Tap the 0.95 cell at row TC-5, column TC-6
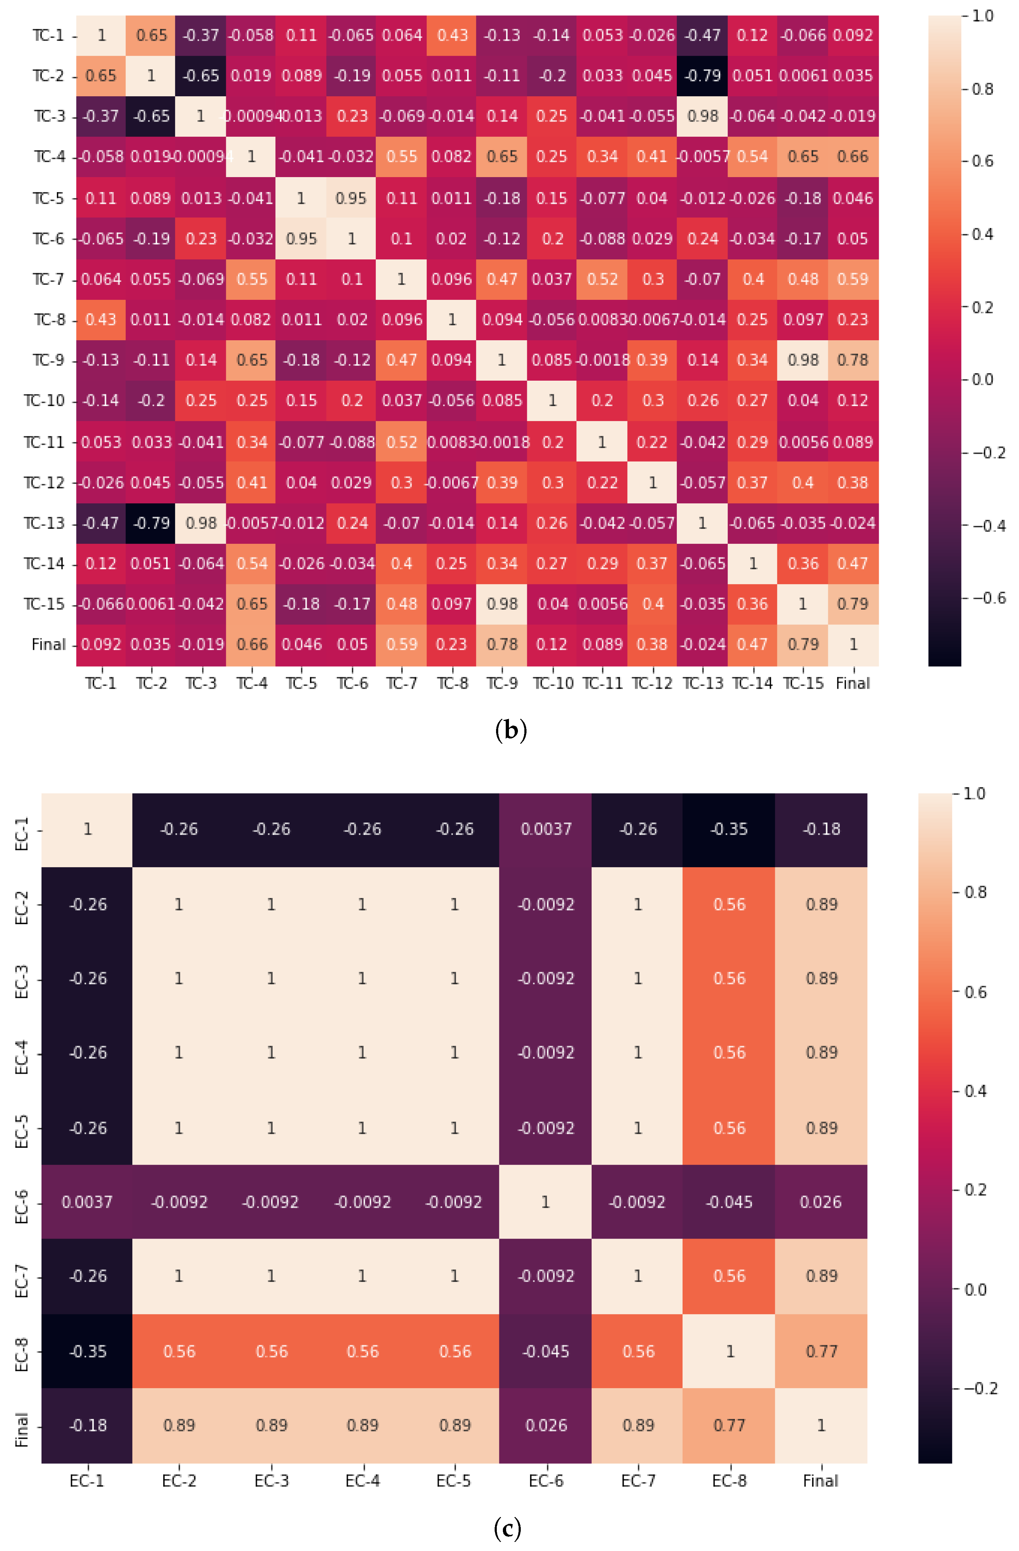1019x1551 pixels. pos(351,198)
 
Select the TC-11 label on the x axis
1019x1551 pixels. pos(602,684)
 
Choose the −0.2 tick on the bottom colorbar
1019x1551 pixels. pos(980,1388)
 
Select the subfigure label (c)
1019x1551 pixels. pos(508,1528)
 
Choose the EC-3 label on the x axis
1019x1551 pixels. pos(271,1481)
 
